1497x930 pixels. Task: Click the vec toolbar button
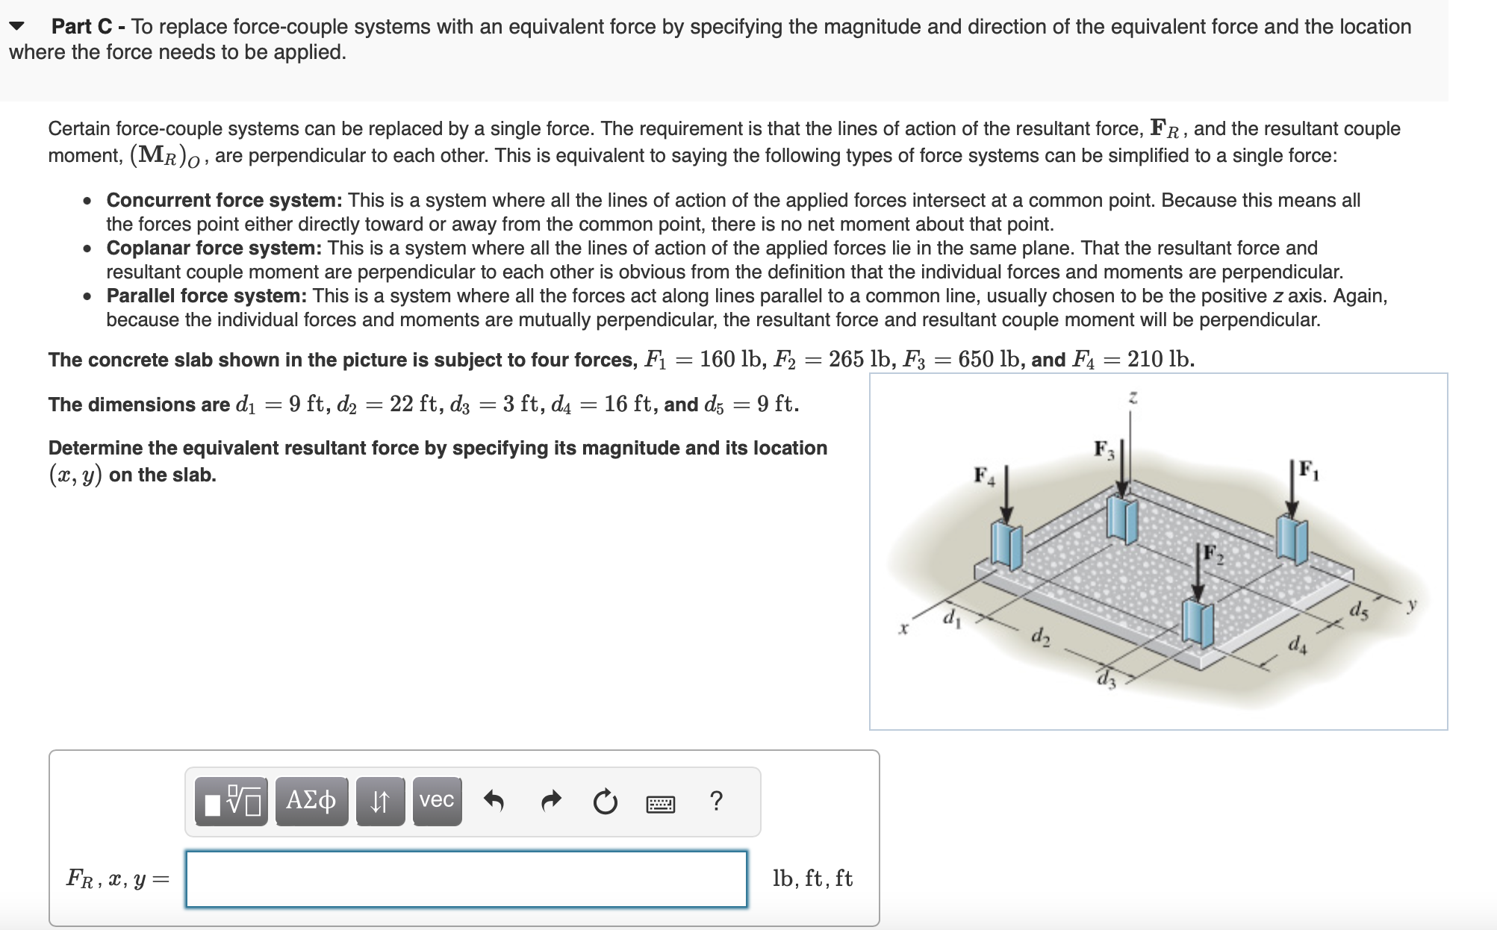coord(437,801)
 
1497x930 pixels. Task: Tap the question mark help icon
coord(716,801)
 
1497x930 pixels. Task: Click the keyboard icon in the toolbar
coord(660,804)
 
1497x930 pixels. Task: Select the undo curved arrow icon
coord(494,801)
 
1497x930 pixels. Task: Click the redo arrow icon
coord(550,801)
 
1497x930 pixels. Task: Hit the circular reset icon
coord(605,802)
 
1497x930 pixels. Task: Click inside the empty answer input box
coord(466,879)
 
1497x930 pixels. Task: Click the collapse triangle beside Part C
coord(17,27)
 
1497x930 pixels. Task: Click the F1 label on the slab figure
coord(1308,469)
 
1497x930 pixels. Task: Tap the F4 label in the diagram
coord(983,476)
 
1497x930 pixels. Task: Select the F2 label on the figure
coord(1213,555)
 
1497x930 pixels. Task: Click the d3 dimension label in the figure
coord(1106,681)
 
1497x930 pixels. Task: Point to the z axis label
coord(1133,398)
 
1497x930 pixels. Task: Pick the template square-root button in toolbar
coord(231,801)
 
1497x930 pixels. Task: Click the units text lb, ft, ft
coord(812,879)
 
